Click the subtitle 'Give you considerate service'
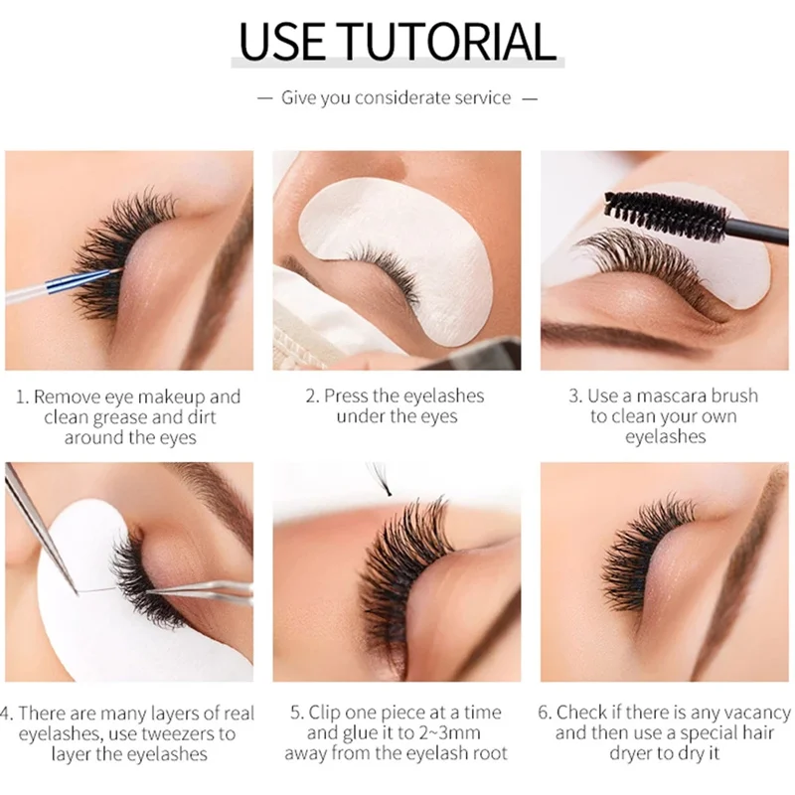click(397, 97)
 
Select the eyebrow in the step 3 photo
click(616, 333)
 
